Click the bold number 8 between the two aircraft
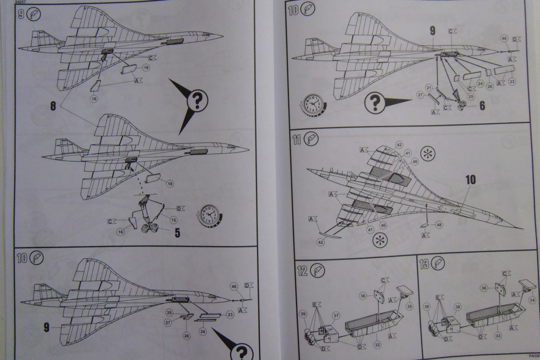pyautogui.click(x=53, y=105)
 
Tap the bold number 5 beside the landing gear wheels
pyautogui.click(x=177, y=233)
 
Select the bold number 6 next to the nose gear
pyautogui.click(x=482, y=106)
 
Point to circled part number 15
pyautogui.click(x=173, y=220)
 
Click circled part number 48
pyautogui.click(x=439, y=225)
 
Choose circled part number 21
pyautogui.click(x=429, y=88)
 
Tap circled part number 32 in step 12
pyautogui.click(x=378, y=345)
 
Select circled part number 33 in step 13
pyautogui.click(x=498, y=336)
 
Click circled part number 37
pyautogui.click(x=336, y=315)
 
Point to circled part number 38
pyautogui.click(x=458, y=307)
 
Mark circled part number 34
pyautogui.click(x=532, y=300)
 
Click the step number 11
pyautogui.click(x=297, y=139)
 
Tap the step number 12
pyautogui.click(x=302, y=270)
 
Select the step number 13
pyautogui.click(x=424, y=264)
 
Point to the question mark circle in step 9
pyautogui.click(x=198, y=100)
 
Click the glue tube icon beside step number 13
pyautogui.click(x=439, y=263)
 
